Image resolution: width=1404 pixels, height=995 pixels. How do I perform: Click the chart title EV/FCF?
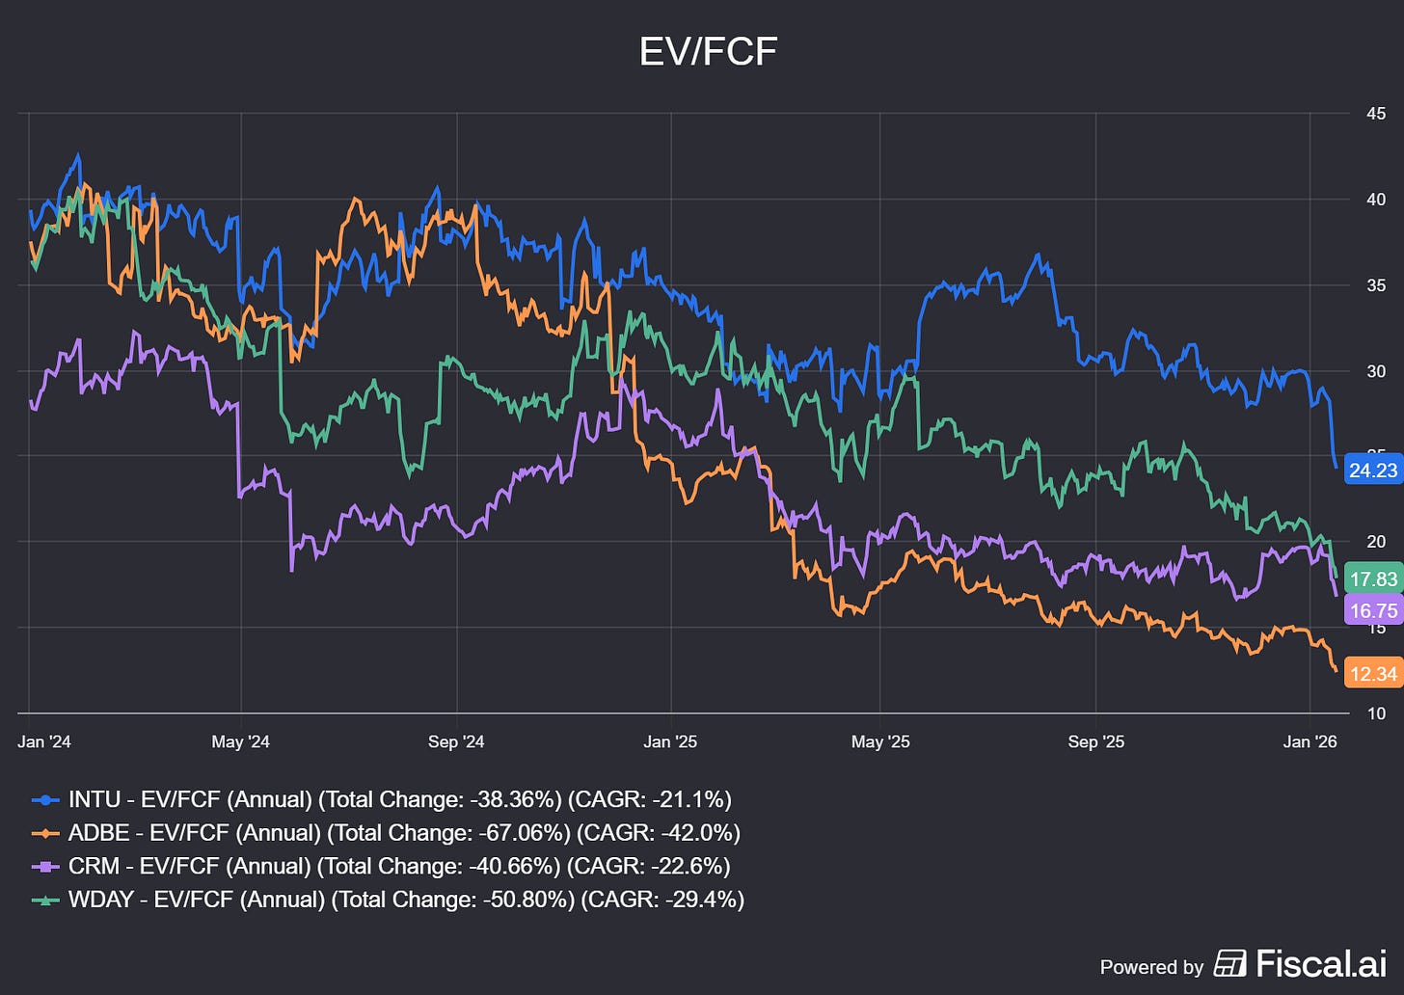[708, 51]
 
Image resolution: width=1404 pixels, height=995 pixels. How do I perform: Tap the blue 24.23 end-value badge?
[1373, 471]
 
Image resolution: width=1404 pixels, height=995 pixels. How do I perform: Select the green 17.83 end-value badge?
[1373, 579]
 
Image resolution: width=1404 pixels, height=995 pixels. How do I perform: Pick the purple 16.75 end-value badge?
[1373, 610]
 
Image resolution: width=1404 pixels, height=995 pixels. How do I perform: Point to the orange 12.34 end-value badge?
[1373, 674]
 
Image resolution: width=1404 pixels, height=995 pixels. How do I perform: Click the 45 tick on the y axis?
[1376, 114]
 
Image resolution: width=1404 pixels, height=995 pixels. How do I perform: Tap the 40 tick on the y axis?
[1376, 200]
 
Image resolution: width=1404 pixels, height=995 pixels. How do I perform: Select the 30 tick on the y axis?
[1376, 371]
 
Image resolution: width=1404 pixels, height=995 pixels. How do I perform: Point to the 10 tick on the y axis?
[1376, 713]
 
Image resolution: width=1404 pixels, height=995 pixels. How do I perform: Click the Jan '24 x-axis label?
[44, 741]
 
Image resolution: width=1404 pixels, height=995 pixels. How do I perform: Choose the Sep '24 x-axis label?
[456, 741]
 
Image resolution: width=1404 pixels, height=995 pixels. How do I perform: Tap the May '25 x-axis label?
[880, 741]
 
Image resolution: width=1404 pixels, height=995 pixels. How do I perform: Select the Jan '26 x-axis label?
[1310, 741]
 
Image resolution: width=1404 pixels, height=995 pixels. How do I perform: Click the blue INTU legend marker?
[45, 800]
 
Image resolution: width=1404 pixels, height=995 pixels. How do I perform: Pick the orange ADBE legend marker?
[45, 833]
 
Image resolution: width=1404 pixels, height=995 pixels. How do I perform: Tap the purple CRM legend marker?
[45, 867]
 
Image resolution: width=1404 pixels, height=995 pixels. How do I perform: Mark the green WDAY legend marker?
[45, 900]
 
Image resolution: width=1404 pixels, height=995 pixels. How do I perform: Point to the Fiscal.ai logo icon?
[1229, 963]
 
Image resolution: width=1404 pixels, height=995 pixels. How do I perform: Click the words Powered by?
[1151, 967]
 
